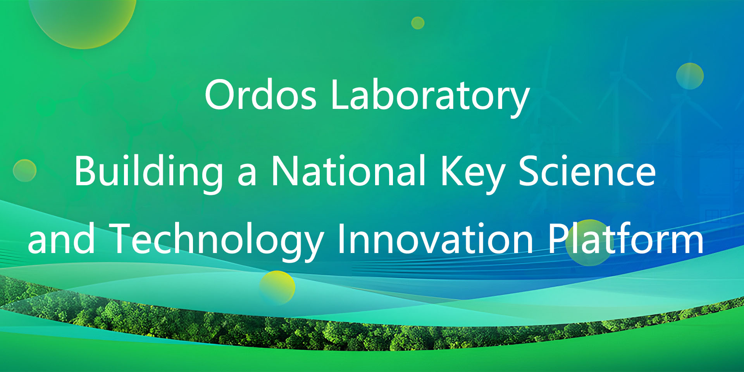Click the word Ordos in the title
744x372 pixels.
[260, 94]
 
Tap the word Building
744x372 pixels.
[149, 172]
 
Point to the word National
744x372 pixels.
[348, 170]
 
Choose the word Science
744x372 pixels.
[587, 170]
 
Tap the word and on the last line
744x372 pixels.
[61, 239]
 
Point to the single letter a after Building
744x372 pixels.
[247, 175]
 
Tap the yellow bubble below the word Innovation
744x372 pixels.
[277, 288]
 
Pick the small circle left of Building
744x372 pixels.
[25, 170]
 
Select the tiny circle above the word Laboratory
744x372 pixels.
[418, 23]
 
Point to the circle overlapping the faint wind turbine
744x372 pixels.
[690, 76]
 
